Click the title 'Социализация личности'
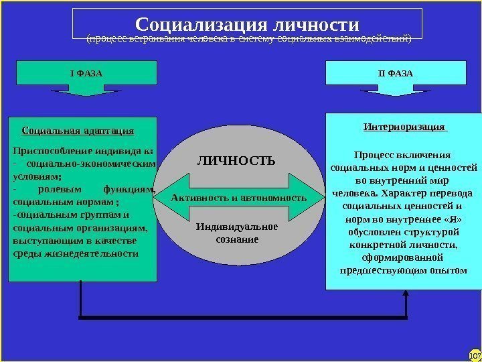point(247,24)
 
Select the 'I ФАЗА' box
point(86,72)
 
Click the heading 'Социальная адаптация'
point(78,130)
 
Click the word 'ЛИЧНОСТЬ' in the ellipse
point(236,161)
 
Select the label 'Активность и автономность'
point(238,198)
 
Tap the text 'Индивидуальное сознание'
point(237,233)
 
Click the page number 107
point(475,354)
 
